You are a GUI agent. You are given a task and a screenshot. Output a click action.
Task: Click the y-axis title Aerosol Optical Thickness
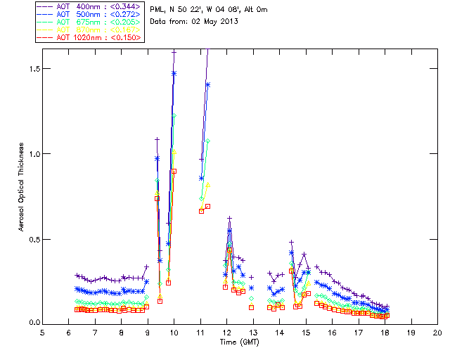click(22, 189)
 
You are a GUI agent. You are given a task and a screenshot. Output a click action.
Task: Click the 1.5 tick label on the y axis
click(31, 69)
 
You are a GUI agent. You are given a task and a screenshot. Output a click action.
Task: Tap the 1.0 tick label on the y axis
click(31, 154)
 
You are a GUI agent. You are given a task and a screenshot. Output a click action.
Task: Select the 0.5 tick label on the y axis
click(31, 239)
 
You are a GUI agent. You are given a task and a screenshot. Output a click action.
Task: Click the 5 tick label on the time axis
click(42, 332)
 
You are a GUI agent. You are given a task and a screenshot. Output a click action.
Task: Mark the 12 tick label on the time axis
click(226, 332)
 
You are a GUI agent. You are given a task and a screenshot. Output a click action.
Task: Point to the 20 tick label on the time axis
click(437, 332)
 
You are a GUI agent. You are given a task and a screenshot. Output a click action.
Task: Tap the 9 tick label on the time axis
click(148, 332)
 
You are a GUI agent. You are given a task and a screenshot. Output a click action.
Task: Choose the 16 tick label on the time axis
click(332, 332)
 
